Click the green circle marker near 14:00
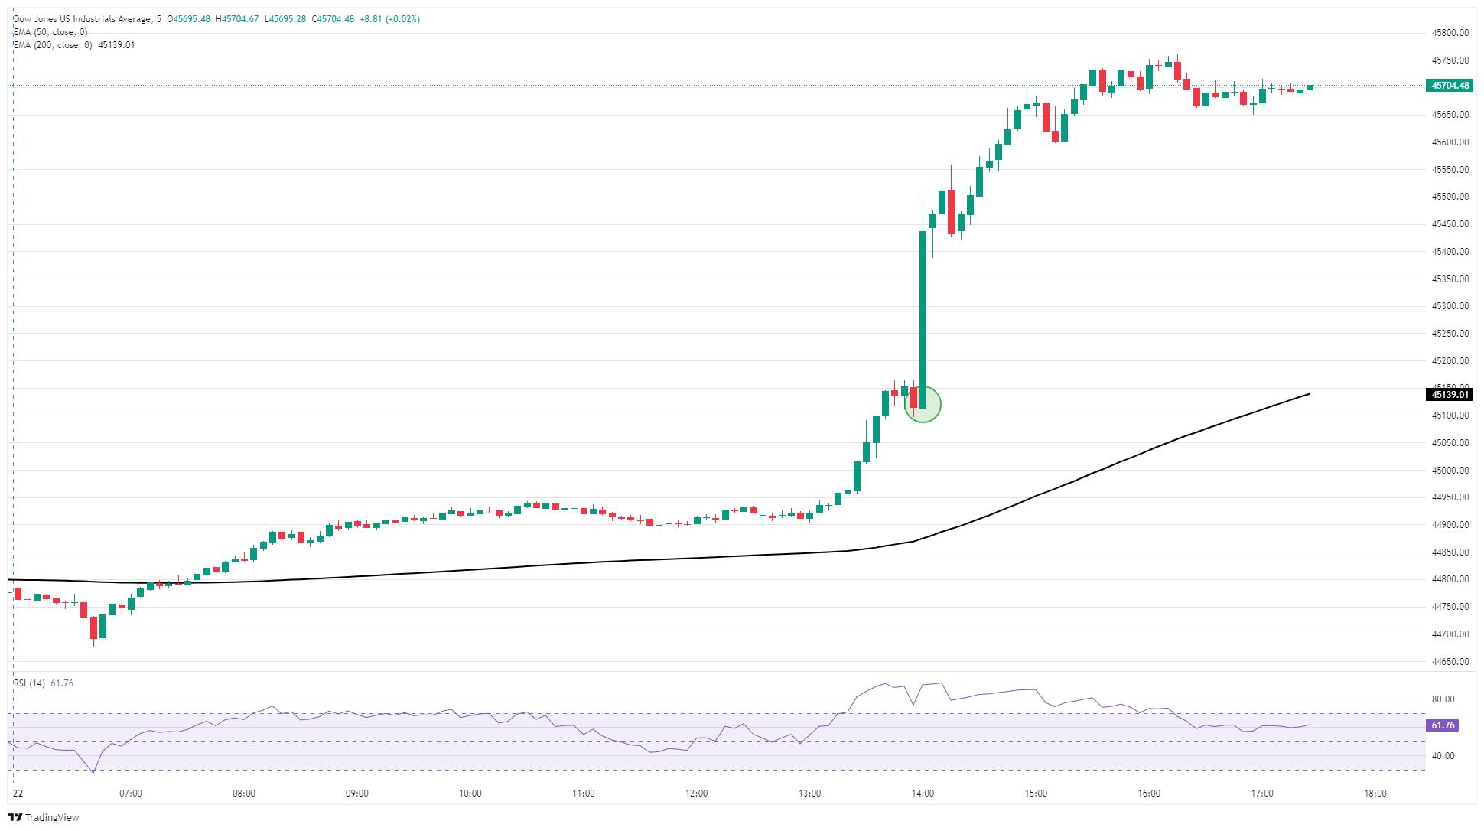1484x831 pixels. [x=923, y=404]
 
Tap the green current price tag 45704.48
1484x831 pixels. [x=1450, y=86]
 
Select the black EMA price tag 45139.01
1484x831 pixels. [x=1450, y=395]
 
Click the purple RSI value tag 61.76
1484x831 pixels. [x=1442, y=725]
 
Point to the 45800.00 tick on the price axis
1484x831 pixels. [x=1450, y=33]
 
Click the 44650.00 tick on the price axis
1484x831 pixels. [x=1450, y=662]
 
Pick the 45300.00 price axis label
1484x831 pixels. [x=1450, y=306]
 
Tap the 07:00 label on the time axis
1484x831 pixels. [x=131, y=794]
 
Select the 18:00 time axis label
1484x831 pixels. [x=1375, y=794]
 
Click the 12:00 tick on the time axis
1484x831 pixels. [x=697, y=794]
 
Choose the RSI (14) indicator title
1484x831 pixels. [x=29, y=683]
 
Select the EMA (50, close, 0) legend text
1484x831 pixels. [x=50, y=32]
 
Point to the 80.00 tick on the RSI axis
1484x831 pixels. [x=1443, y=699]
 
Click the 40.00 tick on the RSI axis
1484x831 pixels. [x=1443, y=756]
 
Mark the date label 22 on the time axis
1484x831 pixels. [x=18, y=794]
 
